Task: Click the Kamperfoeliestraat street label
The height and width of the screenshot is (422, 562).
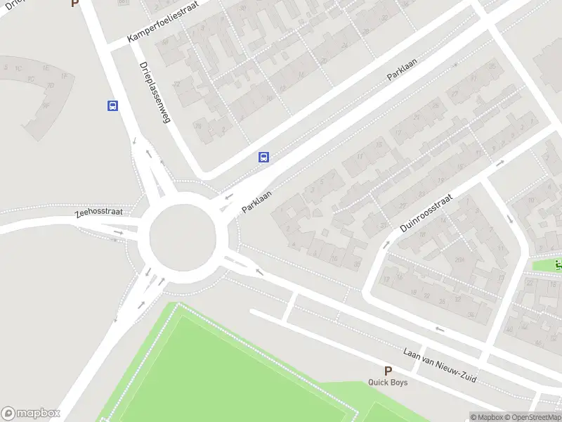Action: pyautogui.click(x=164, y=21)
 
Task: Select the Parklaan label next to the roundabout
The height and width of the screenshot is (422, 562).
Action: pyautogui.click(x=257, y=200)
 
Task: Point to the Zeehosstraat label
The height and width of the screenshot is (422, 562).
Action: pyautogui.click(x=99, y=212)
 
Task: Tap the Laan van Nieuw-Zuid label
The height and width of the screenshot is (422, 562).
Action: pyautogui.click(x=440, y=366)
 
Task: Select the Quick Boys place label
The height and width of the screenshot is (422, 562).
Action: pyautogui.click(x=388, y=383)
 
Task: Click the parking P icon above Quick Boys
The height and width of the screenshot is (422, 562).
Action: pyautogui.click(x=387, y=371)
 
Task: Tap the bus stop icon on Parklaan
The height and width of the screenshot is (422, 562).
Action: pyautogui.click(x=264, y=158)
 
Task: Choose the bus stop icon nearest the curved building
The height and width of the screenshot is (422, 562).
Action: pyautogui.click(x=112, y=105)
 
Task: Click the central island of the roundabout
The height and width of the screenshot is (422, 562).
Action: pyautogui.click(x=181, y=234)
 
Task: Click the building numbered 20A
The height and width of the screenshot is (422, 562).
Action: pyautogui.click(x=460, y=260)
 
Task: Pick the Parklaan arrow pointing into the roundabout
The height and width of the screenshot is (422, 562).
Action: pyautogui.click(x=228, y=196)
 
